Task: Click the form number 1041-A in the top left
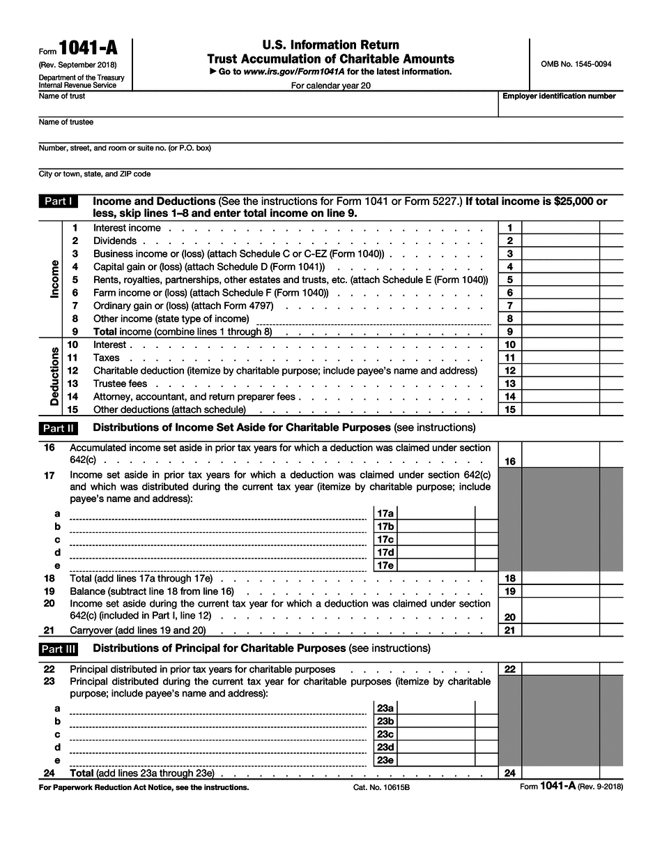pos(89,50)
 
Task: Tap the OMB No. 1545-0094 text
pos(576,64)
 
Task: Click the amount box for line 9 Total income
pos(560,332)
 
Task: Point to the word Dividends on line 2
pos(115,241)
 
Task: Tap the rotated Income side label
pos(55,279)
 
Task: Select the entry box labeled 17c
pos(436,540)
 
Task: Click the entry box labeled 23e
pos(436,761)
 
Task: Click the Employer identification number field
pos(560,107)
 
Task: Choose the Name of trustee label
pos(66,122)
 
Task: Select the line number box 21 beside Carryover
pos(509,630)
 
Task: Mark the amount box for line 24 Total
pos(560,773)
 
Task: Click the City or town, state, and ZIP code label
pos(95,174)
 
